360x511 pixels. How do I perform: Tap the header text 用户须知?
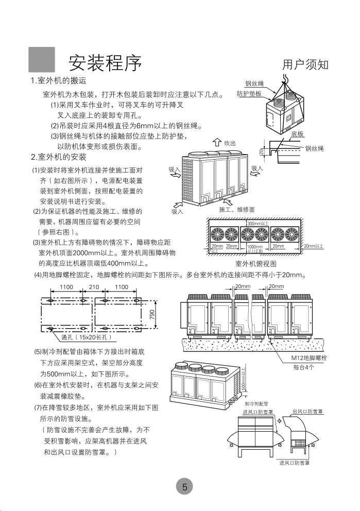tap(305, 65)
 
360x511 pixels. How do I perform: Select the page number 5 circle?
tap(184, 486)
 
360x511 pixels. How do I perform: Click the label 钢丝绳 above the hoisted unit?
tap(254, 83)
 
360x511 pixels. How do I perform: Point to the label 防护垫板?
tap(249, 94)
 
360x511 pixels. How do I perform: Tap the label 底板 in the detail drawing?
tap(297, 133)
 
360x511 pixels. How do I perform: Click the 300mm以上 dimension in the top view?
tap(258, 224)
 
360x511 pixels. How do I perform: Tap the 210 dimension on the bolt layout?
tap(94, 287)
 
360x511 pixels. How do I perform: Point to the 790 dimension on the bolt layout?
tap(152, 315)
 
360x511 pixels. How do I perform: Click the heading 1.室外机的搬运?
tap(58, 81)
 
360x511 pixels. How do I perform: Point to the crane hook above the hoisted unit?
tap(284, 77)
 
